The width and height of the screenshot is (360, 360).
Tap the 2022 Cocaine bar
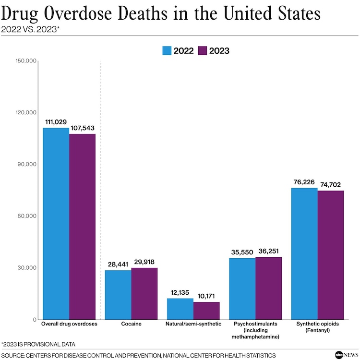[118, 295]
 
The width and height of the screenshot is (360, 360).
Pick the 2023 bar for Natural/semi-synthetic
[206, 311]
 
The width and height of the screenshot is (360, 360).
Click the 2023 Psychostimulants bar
[268, 288]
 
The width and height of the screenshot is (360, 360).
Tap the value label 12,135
[180, 293]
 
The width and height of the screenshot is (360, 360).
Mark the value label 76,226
[304, 182]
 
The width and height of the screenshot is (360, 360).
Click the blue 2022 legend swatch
[167, 50]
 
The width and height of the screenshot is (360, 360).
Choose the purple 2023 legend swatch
[202, 50]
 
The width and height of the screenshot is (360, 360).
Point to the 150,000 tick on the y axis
[26, 61]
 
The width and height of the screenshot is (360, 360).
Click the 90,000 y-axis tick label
[28, 164]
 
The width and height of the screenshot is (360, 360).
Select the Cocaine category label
[131, 324]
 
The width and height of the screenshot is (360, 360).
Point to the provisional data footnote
[38, 344]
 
